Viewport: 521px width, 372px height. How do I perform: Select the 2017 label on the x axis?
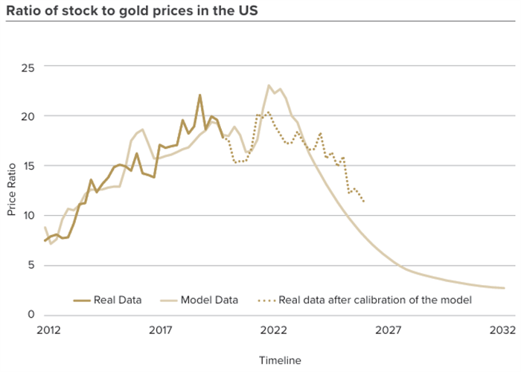160,328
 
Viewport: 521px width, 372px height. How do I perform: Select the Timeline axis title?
280,360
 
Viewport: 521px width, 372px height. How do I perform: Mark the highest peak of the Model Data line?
269,86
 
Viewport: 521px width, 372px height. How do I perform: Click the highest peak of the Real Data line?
199,95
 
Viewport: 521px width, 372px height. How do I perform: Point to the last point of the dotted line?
363,202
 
